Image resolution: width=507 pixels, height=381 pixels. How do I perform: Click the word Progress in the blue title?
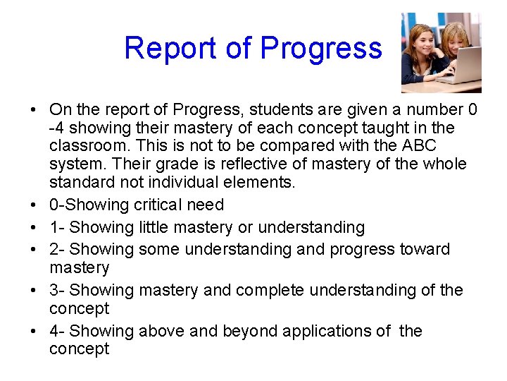click(x=321, y=49)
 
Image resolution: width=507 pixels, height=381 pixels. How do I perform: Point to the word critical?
click(x=154, y=205)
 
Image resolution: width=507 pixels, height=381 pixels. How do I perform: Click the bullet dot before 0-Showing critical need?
click(x=34, y=206)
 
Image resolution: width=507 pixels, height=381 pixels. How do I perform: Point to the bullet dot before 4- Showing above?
click(x=34, y=332)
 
